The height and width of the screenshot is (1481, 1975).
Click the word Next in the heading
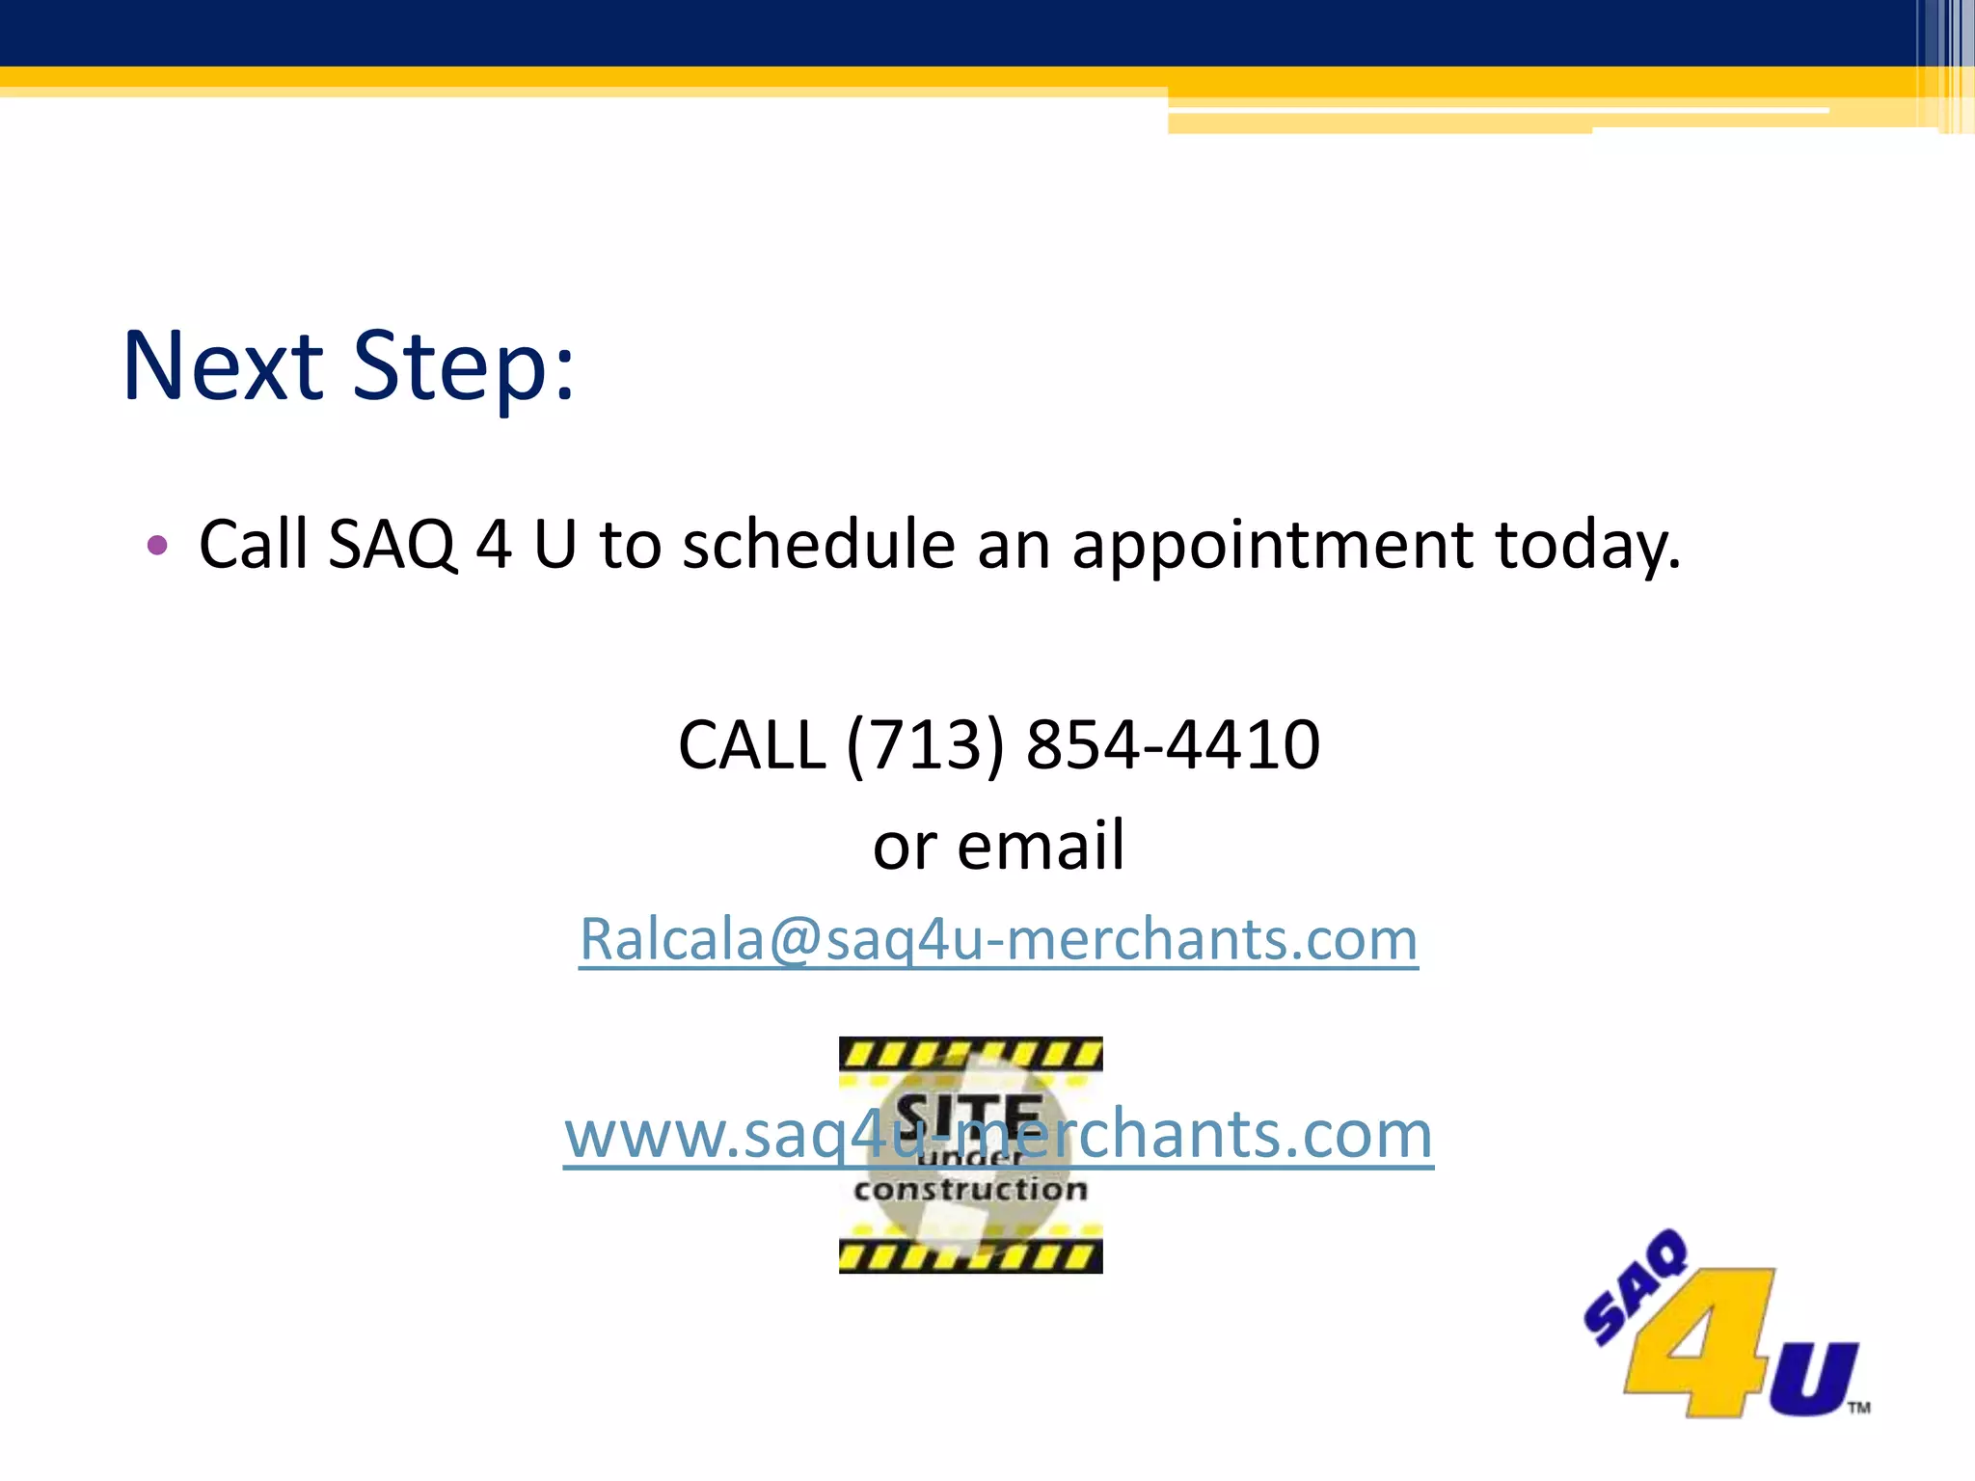pyautogui.click(x=223, y=366)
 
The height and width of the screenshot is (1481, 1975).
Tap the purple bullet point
pyautogui.click(x=157, y=546)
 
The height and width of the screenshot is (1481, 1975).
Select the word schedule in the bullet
pyautogui.click(x=819, y=545)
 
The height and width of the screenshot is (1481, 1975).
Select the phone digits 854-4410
pyautogui.click(x=1173, y=745)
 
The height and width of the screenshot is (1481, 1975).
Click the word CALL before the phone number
pyautogui.click(x=752, y=745)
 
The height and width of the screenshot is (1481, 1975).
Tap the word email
pyautogui.click(x=1041, y=846)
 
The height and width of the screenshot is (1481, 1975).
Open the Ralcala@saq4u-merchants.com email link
pyautogui.click(x=998, y=939)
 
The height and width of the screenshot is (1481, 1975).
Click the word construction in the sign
pyautogui.click(x=970, y=1191)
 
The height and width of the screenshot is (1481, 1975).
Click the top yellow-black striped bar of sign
pyautogui.click(x=970, y=1053)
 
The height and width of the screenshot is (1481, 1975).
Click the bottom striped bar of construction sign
pyautogui.click(x=970, y=1257)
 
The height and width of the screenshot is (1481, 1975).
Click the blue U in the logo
pyautogui.click(x=1812, y=1379)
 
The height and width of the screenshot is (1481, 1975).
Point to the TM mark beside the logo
pyautogui.click(x=1859, y=1408)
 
